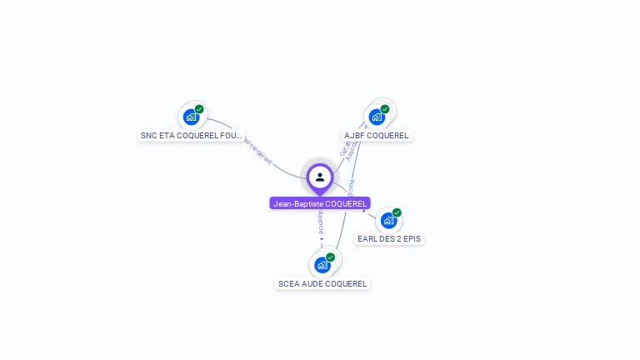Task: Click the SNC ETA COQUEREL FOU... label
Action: (x=191, y=135)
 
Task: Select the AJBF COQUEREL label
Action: (x=377, y=135)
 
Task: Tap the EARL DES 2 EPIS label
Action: (x=389, y=238)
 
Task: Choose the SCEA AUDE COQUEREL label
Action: (x=322, y=283)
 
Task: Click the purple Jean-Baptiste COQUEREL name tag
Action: (x=320, y=203)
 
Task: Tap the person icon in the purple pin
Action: (x=320, y=177)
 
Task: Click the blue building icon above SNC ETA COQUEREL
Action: (x=191, y=117)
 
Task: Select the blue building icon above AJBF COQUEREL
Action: (x=377, y=117)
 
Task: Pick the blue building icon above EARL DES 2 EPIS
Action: (x=388, y=220)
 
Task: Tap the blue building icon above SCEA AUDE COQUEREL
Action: (x=322, y=265)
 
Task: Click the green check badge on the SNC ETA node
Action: (x=199, y=109)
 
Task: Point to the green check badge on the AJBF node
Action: (x=385, y=109)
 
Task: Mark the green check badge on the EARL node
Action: (x=397, y=212)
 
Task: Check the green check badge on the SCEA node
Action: (x=330, y=257)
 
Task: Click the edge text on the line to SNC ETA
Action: (x=257, y=150)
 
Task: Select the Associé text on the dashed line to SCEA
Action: (x=321, y=221)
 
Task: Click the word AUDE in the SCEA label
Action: (x=312, y=283)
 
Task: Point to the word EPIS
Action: (x=412, y=238)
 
